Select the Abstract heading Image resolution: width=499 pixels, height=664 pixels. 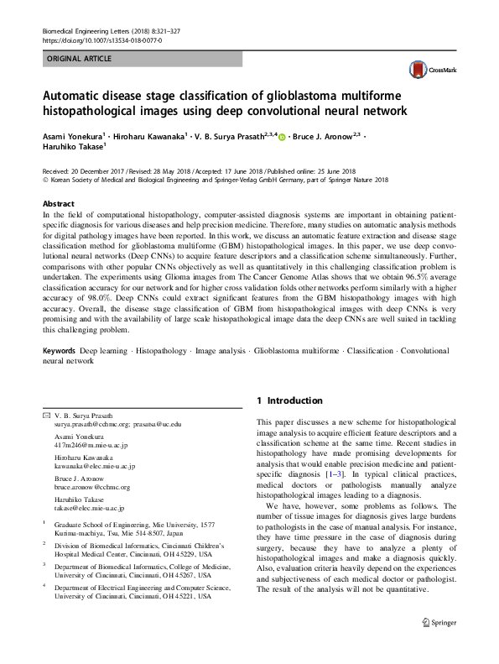pyautogui.click(x=60, y=204)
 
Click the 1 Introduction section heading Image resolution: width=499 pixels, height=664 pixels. pyautogui.click(x=288, y=400)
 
